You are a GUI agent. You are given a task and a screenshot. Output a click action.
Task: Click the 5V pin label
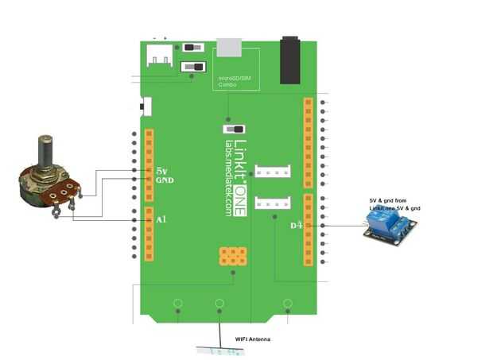pos(161,170)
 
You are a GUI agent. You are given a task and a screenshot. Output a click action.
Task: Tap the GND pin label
pos(165,181)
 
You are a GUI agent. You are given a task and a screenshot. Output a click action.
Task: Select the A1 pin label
pos(161,219)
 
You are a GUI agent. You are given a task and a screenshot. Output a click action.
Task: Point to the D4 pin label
pos(296,226)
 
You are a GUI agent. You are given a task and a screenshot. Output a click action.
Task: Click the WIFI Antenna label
pos(253,340)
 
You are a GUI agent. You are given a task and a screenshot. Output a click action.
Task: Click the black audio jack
pos(294,59)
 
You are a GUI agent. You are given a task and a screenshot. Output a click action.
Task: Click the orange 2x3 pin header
pos(232,256)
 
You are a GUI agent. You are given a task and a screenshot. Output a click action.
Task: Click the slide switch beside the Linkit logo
pos(234,129)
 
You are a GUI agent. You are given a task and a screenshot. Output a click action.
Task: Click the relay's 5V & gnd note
pos(396,204)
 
